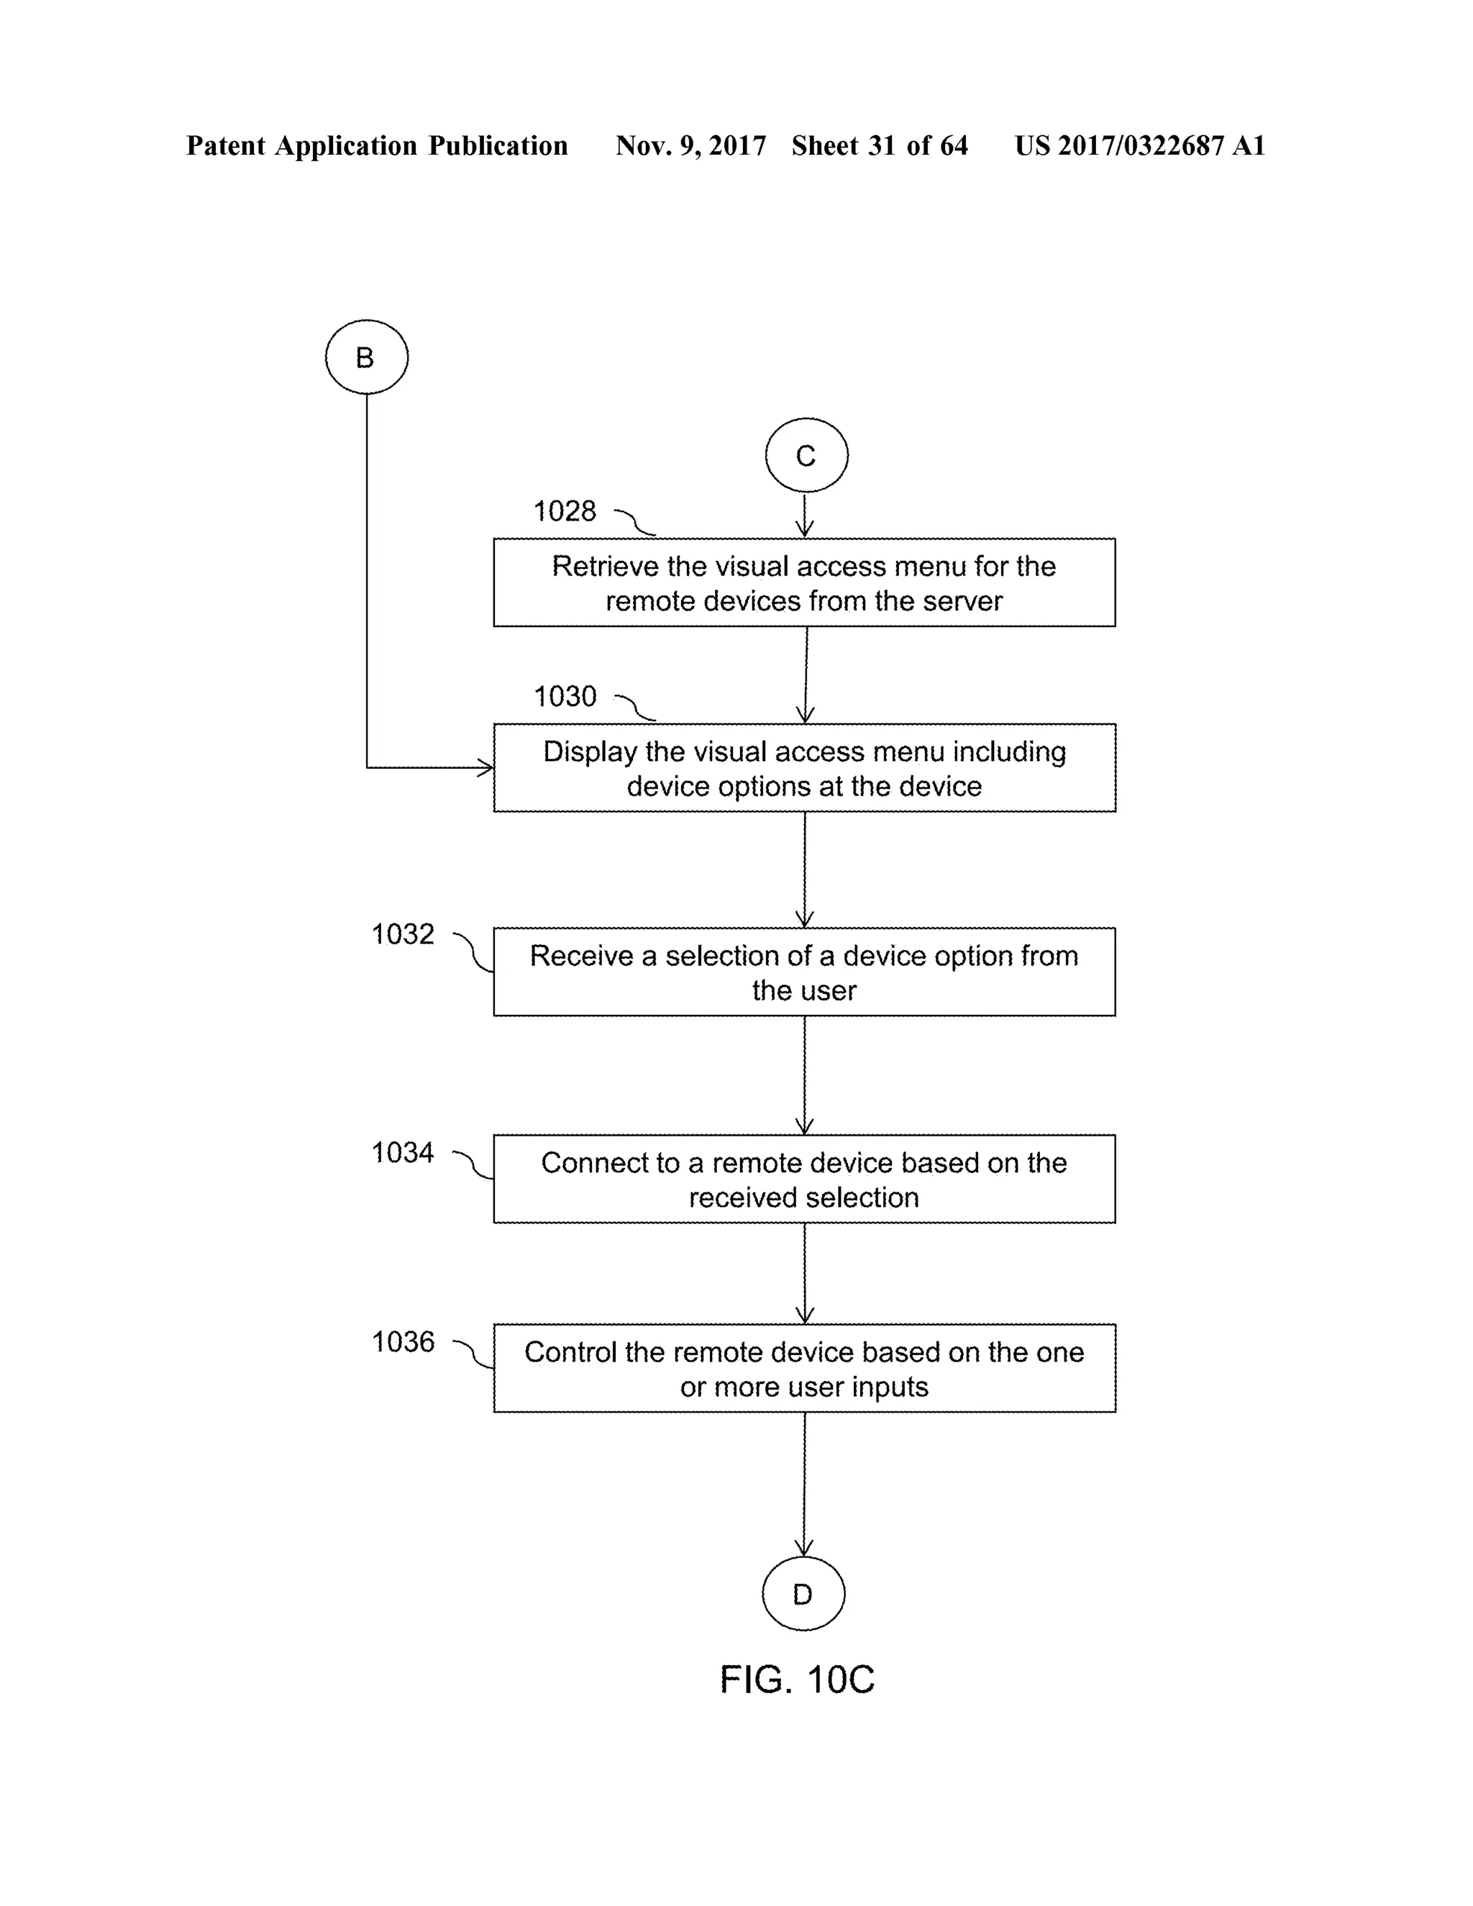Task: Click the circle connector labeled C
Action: (806, 455)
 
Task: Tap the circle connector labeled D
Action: (803, 1594)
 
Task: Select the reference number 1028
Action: (565, 511)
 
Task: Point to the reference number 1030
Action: (565, 696)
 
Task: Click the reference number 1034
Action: (402, 1153)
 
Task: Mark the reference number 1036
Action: (402, 1342)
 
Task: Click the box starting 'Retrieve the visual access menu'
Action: (803, 583)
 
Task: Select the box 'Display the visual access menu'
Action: (803, 768)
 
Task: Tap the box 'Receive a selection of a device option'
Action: (803, 972)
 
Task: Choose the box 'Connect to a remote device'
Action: (803, 1179)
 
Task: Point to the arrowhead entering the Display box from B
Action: (484, 768)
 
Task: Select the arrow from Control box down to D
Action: (803, 1484)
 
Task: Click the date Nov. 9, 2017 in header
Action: (690, 146)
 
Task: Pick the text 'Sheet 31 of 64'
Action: (879, 146)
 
